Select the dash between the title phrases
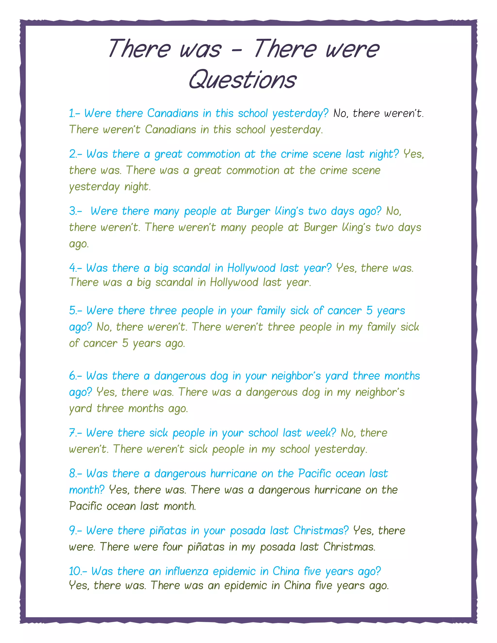[x=237, y=50]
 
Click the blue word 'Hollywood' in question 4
[x=251, y=268]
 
